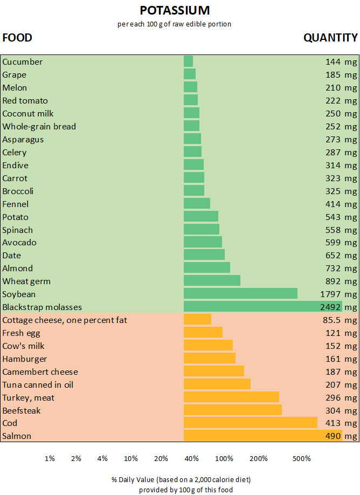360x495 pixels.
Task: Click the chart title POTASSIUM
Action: click(x=175, y=10)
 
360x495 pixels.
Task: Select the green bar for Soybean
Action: click(x=240, y=294)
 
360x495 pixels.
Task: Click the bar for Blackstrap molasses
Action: click(x=263, y=307)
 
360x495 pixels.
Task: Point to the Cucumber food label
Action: click(x=23, y=62)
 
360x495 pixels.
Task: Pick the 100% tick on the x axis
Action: click(x=224, y=458)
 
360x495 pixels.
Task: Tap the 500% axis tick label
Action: click(x=302, y=458)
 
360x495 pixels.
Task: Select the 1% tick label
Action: click(x=50, y=458)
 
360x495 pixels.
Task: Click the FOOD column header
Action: click(x=17, y=38)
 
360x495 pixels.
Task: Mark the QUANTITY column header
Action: click(x=330, y=38)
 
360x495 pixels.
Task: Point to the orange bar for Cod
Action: click(x=251, y=423)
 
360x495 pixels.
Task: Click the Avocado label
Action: click(x=19, y=243)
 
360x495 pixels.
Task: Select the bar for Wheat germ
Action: click(x=212, y=281)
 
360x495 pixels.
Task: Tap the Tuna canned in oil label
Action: click(x=38, y=385)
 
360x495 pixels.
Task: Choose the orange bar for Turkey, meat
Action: click(x=231, y=397)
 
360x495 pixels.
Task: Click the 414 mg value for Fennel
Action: click(x=341, y=204)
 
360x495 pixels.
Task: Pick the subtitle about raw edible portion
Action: click(x=174, y=24)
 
